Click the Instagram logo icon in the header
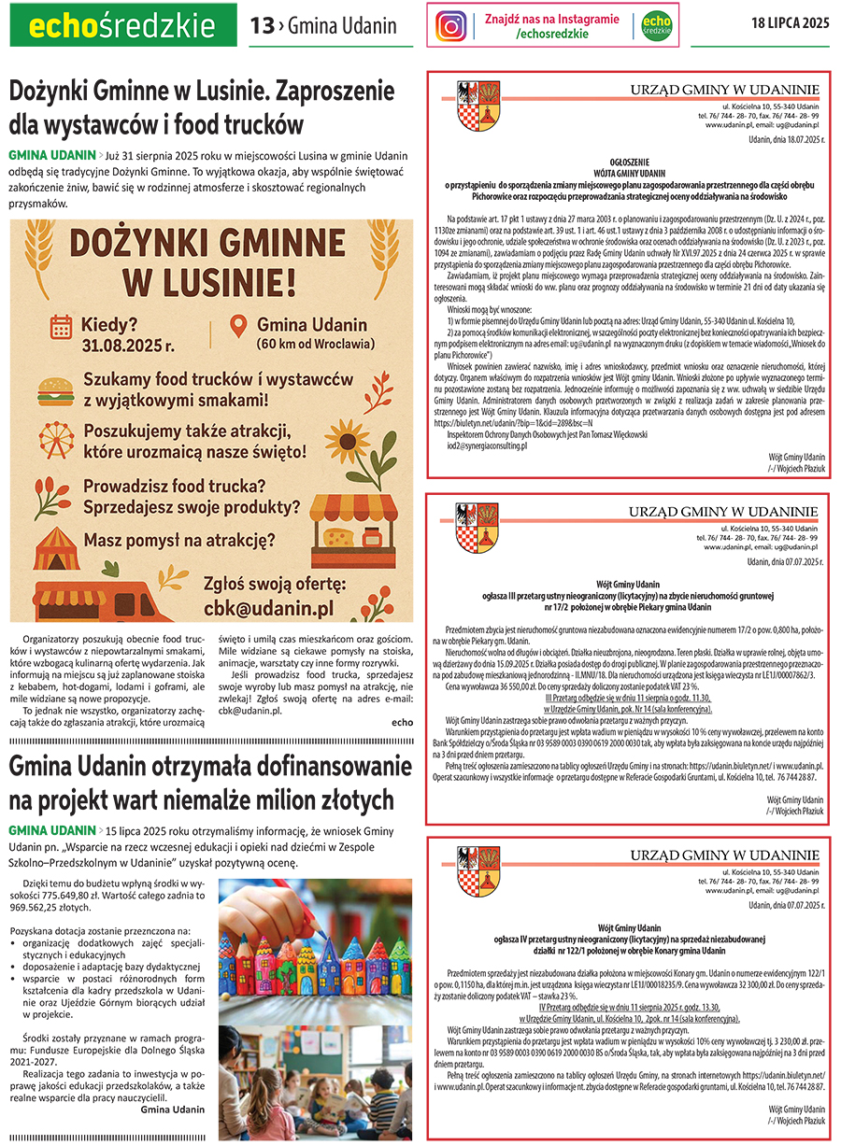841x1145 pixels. click(x=451, y=25)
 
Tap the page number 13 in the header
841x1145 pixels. click(x=262, y=26)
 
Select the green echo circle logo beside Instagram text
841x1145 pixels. click(x=658, y=25)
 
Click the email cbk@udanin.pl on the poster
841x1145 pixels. click(x=268, y=608)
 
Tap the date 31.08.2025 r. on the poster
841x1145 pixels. click(x=127, y=346)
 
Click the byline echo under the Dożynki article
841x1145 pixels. click(x=402, y=723)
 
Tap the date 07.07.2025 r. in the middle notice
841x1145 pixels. click(x=794, y=562)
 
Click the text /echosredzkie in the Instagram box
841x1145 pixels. click(x=551, y=34)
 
